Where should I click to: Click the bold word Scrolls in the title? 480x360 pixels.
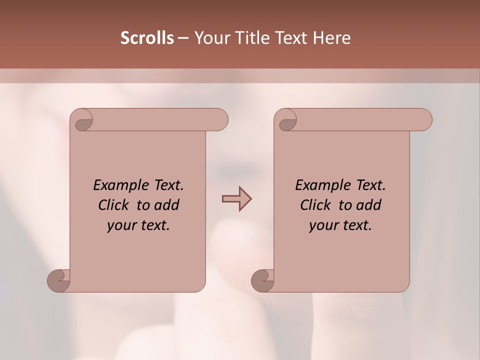click(x=147, y=38)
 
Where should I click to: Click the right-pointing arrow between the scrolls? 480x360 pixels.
click(x=236, y=199)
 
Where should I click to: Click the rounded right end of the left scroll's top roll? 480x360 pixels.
click(x=220, y=120)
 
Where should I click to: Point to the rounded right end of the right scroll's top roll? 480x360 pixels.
click(x=424, y=120)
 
